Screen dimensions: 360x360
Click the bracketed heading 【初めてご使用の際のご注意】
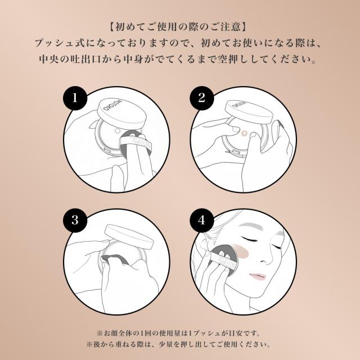(x=179, y=26)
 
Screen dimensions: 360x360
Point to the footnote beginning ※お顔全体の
(x=179, y=332)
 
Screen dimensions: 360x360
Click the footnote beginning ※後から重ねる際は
(x=179, y=343)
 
